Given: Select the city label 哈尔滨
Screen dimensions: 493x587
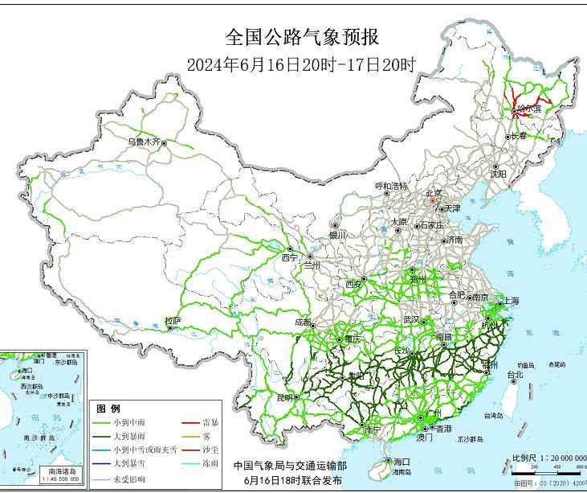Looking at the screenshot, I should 529,108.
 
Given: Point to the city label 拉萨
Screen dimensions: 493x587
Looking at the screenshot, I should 173,322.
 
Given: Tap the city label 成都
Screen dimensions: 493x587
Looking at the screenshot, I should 303,322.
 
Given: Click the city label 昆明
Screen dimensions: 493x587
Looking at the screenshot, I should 285,397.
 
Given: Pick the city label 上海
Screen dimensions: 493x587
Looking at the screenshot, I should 512,301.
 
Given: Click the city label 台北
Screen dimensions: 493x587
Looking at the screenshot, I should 514,374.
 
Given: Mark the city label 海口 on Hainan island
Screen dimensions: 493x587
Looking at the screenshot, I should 402,461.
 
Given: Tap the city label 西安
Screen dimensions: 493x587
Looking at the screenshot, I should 354,284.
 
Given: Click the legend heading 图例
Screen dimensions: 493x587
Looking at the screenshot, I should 108,407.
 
